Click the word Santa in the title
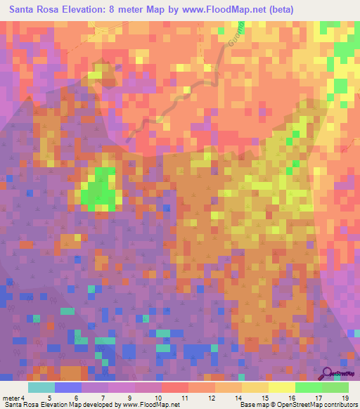26,9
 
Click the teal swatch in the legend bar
41,387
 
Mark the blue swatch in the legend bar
68,387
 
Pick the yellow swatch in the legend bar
282,387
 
